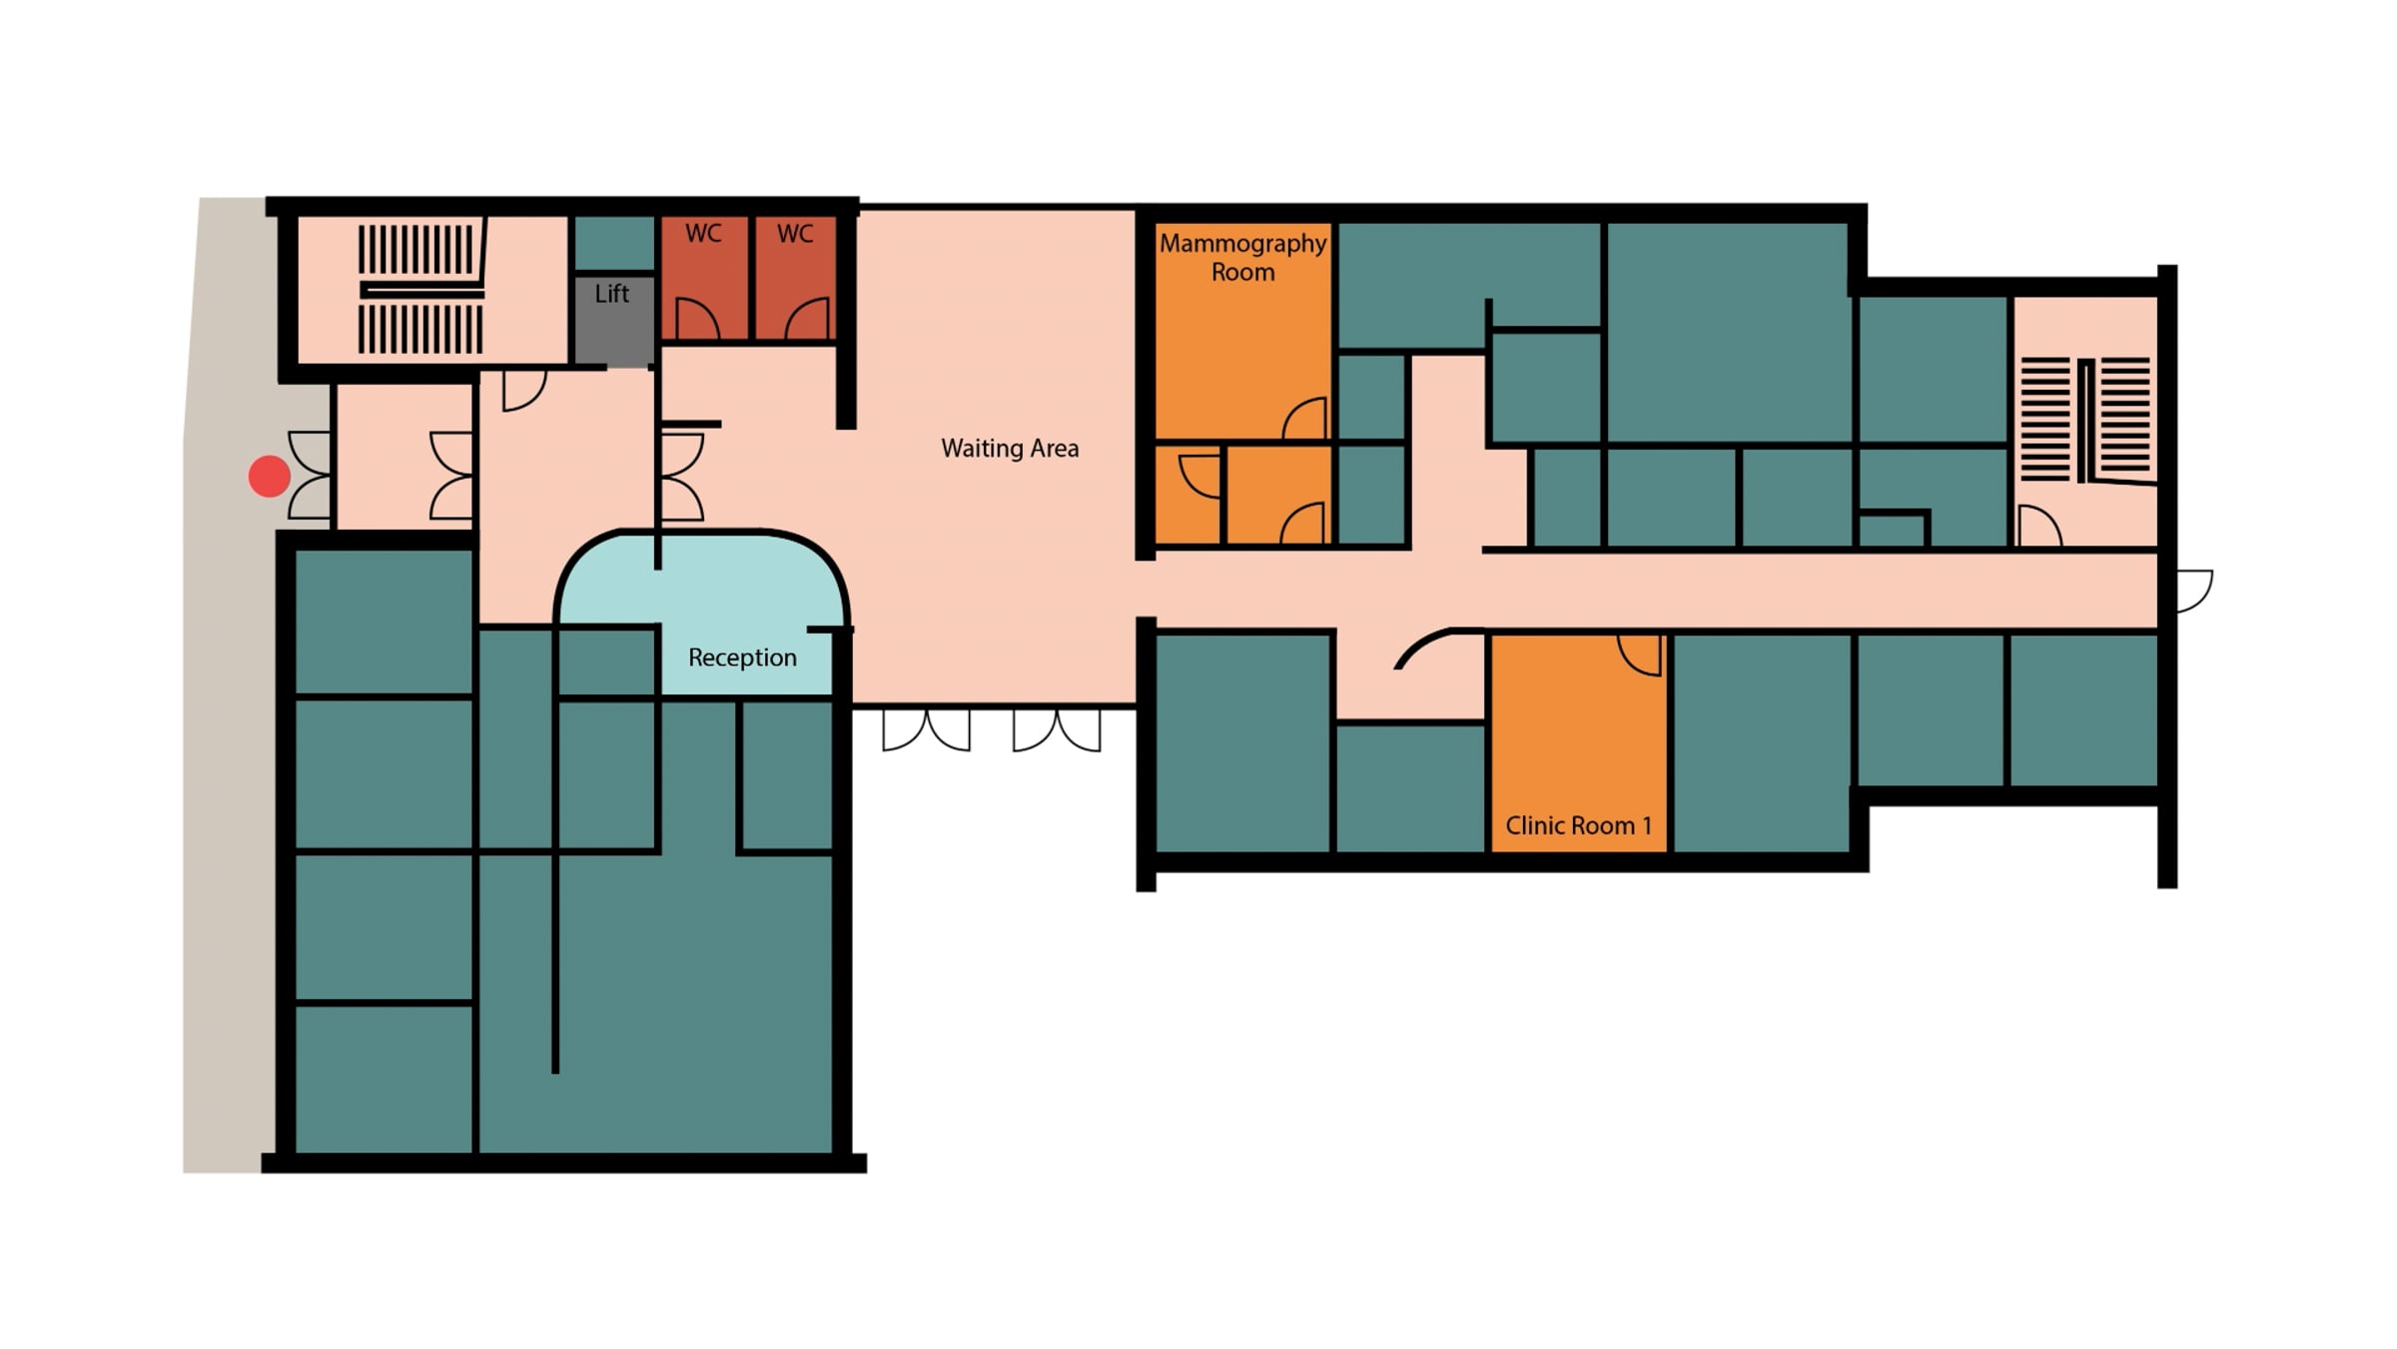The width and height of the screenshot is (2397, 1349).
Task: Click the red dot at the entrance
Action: pos(269,477)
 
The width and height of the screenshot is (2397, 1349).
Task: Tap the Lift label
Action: pos(612,294)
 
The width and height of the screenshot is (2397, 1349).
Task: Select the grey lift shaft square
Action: pos(613,321)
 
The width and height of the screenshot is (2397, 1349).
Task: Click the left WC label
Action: pos(703,234)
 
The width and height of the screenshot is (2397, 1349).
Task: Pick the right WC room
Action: pos(795,279)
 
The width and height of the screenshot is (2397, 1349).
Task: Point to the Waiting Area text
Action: pos(1010,449)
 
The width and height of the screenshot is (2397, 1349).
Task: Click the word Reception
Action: pos(742,658)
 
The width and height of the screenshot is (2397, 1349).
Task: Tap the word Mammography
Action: pos(1243,244)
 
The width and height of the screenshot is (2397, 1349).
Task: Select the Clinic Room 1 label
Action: pos(1578,825)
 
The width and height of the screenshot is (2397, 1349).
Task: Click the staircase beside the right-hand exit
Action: pos(2085,420)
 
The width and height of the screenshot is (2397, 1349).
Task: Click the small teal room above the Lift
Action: pos(613,244)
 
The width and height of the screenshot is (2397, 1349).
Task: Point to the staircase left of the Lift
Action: pos(420,290)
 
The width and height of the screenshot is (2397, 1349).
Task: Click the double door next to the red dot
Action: pos(310,476)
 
